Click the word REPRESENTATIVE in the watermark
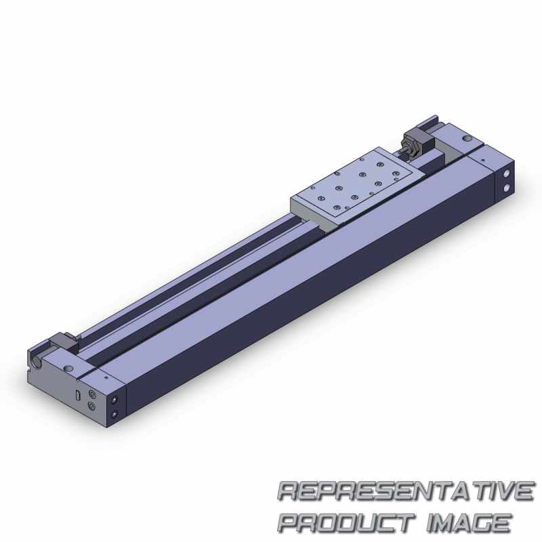[x=405, y=491]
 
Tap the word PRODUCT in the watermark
[x=346, y=522]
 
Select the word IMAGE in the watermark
[x=468, y=522]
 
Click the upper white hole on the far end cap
[x=507, y=173]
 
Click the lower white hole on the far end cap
[x=506, y=188]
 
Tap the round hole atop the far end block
[x=467, y=138]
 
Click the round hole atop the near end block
[x=68, y=367]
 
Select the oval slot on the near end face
[x=78, y=395]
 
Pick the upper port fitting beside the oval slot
[x=92, y=394]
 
